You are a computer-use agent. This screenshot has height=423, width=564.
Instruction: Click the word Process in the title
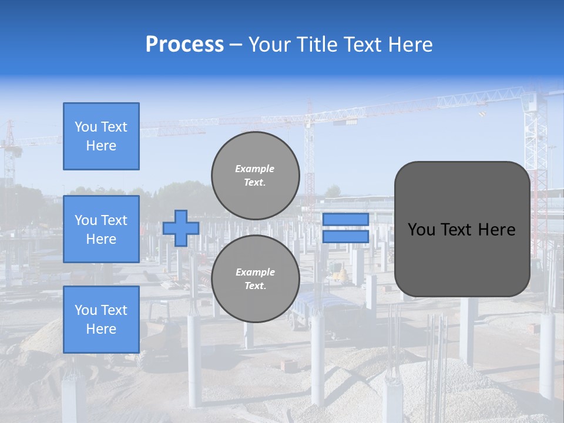tap(184, 45)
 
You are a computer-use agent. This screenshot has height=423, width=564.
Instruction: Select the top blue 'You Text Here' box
tap(101, 136)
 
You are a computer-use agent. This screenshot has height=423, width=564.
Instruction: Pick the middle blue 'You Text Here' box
tap(101, 229)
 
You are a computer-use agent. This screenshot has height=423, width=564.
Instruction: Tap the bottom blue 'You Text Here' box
tap(101, 320)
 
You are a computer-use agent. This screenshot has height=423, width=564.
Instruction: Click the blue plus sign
tap(181, 228)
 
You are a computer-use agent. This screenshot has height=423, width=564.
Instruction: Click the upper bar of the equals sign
tap(345, 219)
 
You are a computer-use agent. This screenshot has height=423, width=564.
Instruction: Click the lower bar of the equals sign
tap(345, 236)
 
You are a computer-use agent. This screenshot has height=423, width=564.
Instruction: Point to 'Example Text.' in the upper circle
tap(255, 175)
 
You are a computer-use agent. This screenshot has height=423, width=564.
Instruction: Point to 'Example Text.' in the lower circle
tap(255, 279)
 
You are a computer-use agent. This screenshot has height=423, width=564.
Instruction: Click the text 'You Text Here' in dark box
tap(462, 229)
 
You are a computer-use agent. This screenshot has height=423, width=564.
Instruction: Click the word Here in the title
tap(409, 45)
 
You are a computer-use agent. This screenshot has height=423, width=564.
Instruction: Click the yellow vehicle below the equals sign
tap(338, 271)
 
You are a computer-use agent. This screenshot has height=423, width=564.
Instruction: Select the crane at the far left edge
tap(9, 153)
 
